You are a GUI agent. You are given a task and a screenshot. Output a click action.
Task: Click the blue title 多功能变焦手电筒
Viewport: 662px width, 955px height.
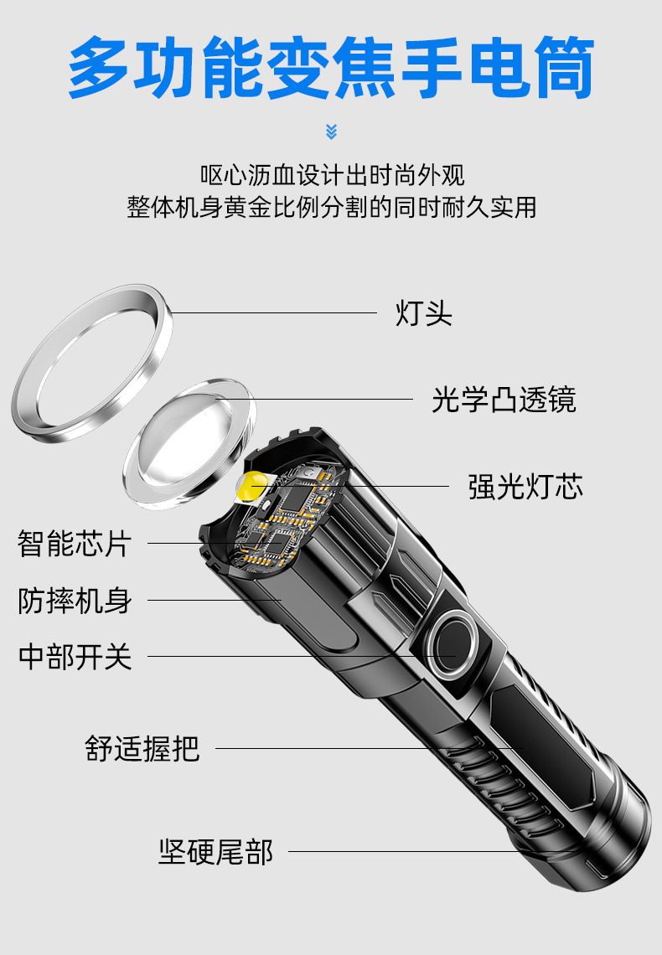pos(331,68)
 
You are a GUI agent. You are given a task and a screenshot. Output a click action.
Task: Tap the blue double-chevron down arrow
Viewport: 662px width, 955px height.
pos(331,132)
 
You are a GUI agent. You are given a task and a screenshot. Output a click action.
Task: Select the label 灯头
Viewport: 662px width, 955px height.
pos(424,313)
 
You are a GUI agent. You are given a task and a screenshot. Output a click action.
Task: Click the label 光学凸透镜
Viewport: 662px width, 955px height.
pos(504,400)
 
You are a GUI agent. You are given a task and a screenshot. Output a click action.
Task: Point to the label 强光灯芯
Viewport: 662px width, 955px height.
pos(525,487)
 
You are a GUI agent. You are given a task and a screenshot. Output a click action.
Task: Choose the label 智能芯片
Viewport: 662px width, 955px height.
pos(75,544)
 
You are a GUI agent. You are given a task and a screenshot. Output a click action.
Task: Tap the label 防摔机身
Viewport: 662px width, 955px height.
pos(75,601)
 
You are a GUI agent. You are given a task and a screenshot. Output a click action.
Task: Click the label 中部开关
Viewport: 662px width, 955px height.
pos(75,657)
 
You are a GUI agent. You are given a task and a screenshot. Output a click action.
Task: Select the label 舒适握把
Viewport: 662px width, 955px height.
pos(142,749)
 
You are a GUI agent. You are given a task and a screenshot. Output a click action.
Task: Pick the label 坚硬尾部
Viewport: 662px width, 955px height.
pos(215,851)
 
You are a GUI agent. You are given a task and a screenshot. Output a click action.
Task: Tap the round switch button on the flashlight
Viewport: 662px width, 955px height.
pos(452,644)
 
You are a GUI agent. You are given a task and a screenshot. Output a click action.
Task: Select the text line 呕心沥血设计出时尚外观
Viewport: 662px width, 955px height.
pos(333,175)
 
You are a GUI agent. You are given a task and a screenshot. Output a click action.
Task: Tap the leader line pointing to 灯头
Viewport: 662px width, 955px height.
pos(274,313)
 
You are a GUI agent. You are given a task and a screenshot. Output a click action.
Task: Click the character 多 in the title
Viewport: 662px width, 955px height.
pos(99,68)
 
